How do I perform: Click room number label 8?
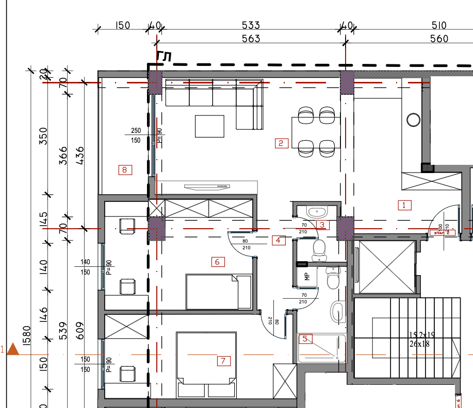point(125,169)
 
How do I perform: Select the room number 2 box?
point(281,143)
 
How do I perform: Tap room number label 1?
point(404,205)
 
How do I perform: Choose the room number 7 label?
point(223,361)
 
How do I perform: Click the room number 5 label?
point(305,339)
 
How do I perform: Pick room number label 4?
point(278,240)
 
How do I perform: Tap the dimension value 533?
point(251,25)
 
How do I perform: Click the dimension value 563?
point(251,39)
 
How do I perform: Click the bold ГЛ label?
point(164,57)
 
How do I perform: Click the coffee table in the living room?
point(209,126)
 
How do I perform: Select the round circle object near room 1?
point(413,120)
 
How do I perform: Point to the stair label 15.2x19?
point(422,335)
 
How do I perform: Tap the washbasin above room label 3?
point(315,211)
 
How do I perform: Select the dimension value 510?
point(439,25)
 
